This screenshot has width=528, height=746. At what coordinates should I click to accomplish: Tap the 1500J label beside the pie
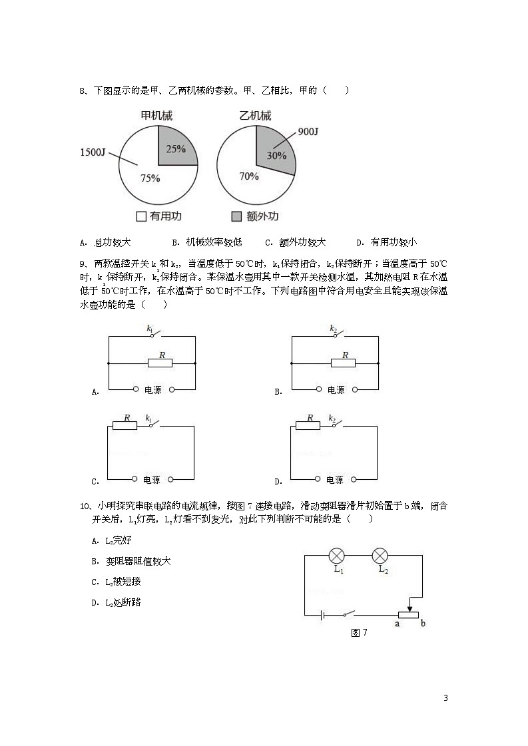93,152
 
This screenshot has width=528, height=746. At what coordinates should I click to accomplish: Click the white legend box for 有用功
140,216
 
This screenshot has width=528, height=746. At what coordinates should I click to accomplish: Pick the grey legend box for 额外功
236,216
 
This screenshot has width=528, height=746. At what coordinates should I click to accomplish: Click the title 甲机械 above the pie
157,116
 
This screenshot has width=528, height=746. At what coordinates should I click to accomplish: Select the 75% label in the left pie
150,178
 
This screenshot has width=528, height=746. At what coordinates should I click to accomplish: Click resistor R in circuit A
160,363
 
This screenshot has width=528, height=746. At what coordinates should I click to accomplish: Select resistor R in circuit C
125,425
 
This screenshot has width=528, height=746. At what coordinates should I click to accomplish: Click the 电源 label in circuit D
335,479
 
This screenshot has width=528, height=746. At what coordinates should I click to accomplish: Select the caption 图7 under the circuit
358,633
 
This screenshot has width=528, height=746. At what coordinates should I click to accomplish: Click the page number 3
445,698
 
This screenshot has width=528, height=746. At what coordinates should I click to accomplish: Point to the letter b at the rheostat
423,624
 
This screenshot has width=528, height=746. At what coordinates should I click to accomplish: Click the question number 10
84,506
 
